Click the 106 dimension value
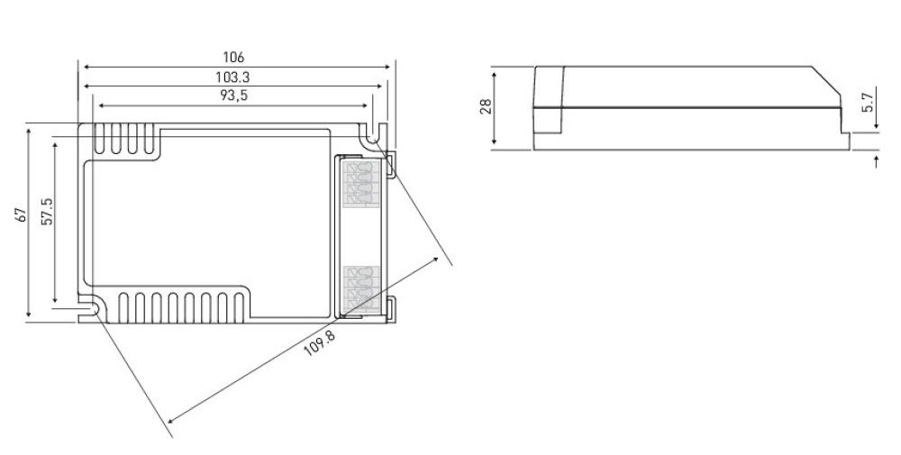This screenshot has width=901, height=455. (x=233, y=58)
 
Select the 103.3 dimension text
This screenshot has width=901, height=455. (x=232, y=77)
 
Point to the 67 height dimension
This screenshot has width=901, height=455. (x=22, y=214)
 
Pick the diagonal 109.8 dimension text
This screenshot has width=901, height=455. (x=319, y=343)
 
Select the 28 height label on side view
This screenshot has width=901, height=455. (x=487, y=106)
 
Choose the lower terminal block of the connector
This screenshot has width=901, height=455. (x=362, y=289)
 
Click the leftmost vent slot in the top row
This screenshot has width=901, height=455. (x=99, y=139)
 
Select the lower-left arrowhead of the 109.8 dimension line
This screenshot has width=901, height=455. (x=171, y=420)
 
